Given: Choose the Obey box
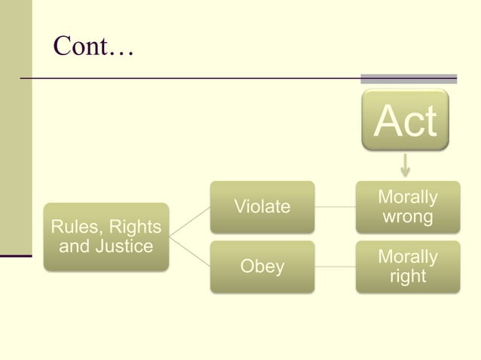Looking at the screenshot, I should [x=262, y=267].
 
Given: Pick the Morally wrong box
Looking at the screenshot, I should [x=407, y=207].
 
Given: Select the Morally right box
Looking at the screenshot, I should [x=407, y=267].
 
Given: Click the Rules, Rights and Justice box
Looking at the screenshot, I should [x=106, y=236].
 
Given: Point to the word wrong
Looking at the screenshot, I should [x=407, y=217].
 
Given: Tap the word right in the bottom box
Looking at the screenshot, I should [x=407, y=276].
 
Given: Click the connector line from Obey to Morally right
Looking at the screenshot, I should [x=335, y=267].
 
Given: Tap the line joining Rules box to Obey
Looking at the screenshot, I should [x=189, y=252].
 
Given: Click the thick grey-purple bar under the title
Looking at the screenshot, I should [x=409, y=78].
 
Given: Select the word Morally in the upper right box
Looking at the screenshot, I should [x=407, y=197].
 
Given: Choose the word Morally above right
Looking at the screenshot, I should [x=407, y=257].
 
